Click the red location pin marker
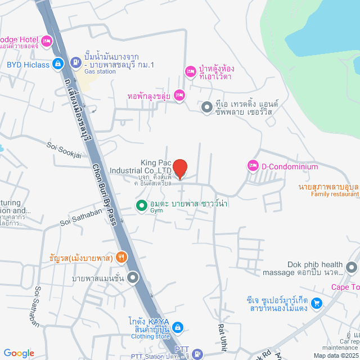[x=179, y=168]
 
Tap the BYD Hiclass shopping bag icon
[x=57, y=64]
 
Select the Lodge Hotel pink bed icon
[x=47, y=40]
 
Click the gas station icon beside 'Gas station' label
[x=75, y=61]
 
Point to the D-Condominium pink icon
[x=252, y=166]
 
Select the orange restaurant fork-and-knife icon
[x=121, y=258]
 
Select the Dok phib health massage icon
[x=352, y=267]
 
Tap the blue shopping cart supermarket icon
[x=317, y=303]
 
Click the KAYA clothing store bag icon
[x=177, y=327]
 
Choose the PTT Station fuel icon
[x=197, y=353]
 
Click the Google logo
[x=19, y=353]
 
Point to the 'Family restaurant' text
[x=335, y=194]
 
